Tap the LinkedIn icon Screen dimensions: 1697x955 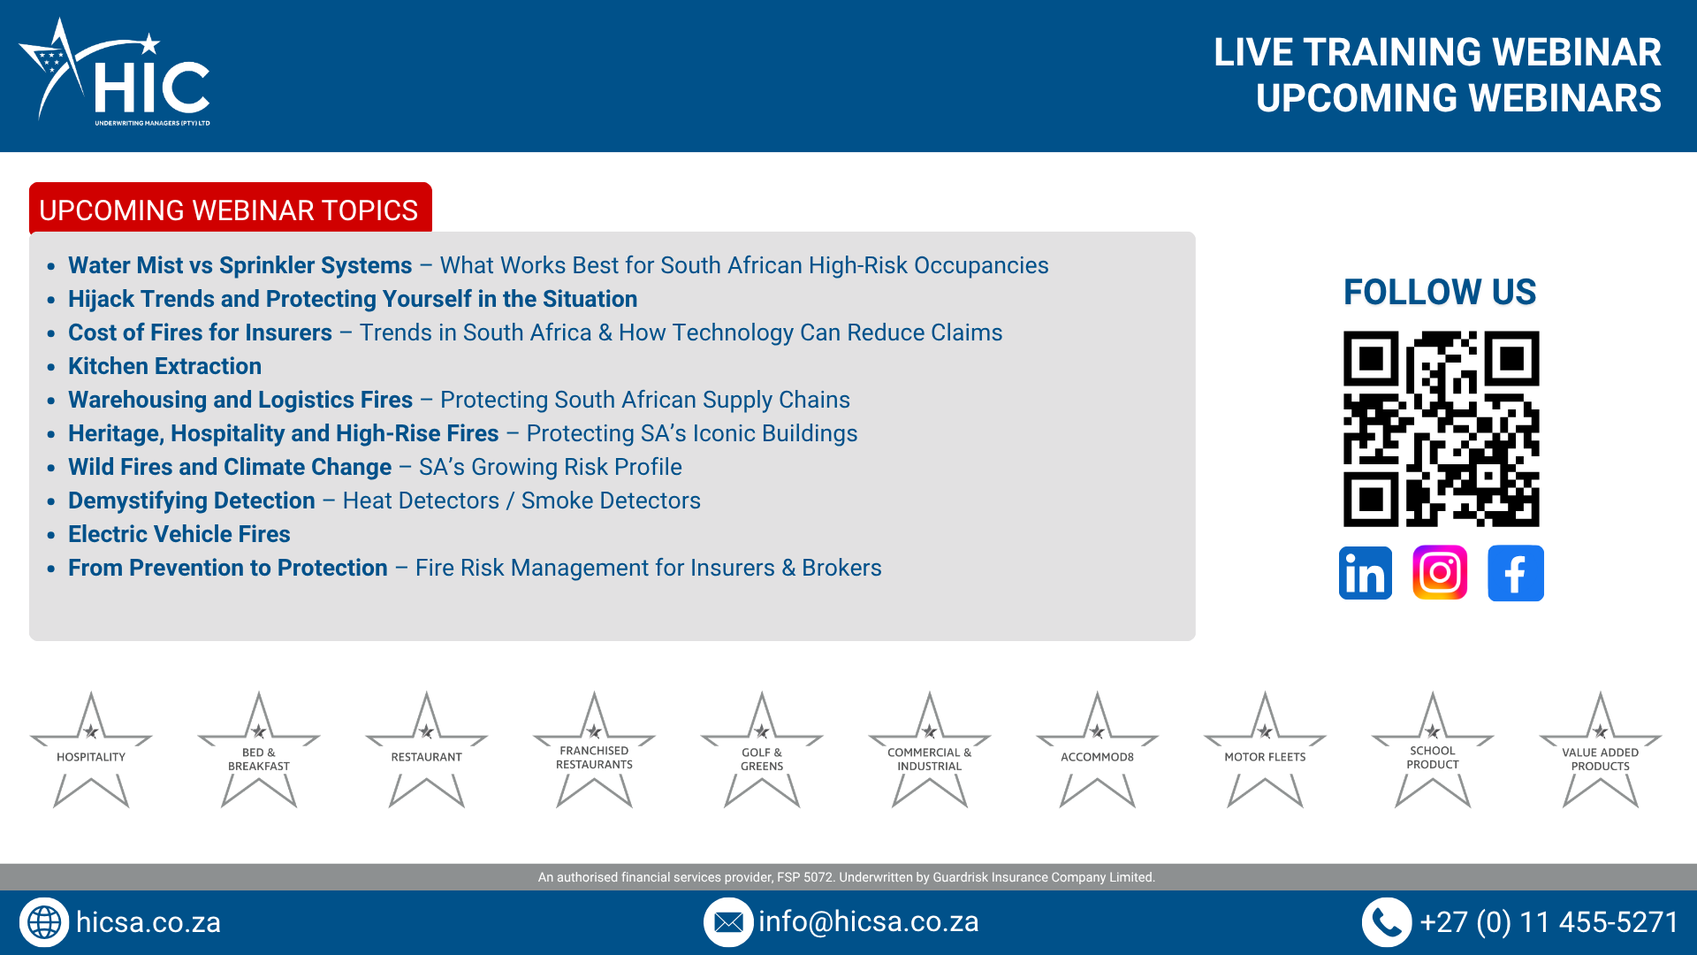tap(1366, 573)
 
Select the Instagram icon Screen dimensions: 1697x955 tap(1440, 573)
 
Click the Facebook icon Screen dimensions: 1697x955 tap(1516, 573)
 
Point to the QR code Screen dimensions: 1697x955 tap(1441, 429)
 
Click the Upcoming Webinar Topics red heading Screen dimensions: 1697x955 tap(230, 210)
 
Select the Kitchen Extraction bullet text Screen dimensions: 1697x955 tap(165, 366)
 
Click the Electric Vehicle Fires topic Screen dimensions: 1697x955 tap(179, 534)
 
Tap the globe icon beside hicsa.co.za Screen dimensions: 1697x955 tap(44, 922)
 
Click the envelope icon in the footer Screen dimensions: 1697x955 tap(728, 922)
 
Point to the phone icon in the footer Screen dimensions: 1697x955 tap(1386, 922)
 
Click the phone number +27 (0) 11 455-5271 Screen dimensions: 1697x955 tap(1549, 922)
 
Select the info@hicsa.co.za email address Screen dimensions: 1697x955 tap(868, 921)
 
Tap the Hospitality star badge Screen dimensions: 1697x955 tap(91, 750)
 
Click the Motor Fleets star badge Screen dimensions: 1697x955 tap(1265, 750)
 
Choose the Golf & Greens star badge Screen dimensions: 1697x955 tap(762, 750)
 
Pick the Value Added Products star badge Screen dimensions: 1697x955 tap(1601, 750)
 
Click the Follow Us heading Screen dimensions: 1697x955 tap(1440, 292)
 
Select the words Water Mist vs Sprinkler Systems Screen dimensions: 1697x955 tap(240, 265)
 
